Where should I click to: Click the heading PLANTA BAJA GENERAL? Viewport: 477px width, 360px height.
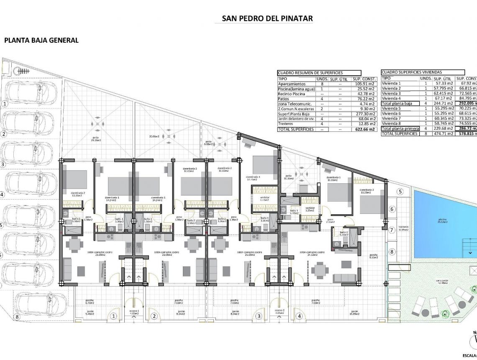click(x=41, y=40)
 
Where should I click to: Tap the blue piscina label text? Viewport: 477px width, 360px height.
click(x=443, y=220)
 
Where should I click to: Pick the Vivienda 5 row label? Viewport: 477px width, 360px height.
click(x=392, y=108)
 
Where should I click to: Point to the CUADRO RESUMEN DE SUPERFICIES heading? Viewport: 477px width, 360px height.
click(x=310, y=73)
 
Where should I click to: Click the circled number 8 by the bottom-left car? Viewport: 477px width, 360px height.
click(x=17, y=317)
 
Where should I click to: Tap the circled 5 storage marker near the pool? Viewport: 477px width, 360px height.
click(x=400, y=192)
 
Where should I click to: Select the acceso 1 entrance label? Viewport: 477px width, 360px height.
click(x=133, y=311)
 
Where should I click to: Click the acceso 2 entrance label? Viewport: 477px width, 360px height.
click(x=280, y=311)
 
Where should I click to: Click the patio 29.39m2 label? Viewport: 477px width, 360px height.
click(x=99, y=140)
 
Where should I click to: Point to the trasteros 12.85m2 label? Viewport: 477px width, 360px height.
click(x=403, y=228)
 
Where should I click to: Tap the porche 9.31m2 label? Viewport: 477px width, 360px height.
click(x=373, y=256)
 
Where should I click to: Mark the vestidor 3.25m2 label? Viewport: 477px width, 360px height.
click(x=310, y=209)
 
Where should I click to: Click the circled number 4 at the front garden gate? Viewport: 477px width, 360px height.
click(x=299, y=316)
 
